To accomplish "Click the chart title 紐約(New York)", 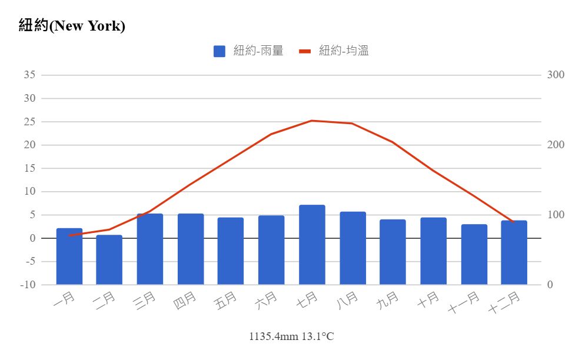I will (72, 26).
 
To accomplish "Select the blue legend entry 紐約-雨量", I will (248, 51).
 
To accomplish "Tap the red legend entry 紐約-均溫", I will (334, 51).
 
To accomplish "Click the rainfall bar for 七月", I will (312, 245).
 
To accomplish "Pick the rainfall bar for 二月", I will (109, 260).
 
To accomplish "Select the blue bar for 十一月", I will (474, 254).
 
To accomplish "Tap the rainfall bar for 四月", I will (191, 249).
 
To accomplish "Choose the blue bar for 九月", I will (393, 252).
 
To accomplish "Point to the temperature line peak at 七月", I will (312, 121).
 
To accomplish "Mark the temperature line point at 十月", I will (434, 171).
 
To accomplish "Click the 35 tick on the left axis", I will (29, 75).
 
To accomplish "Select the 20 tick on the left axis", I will (29, 145).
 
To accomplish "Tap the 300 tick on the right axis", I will (556, 75).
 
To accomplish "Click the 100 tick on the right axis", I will (556, 215).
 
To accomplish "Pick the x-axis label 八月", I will (347, 301).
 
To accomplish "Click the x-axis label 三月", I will (144, 301).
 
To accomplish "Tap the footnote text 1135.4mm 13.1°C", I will (291, 336).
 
